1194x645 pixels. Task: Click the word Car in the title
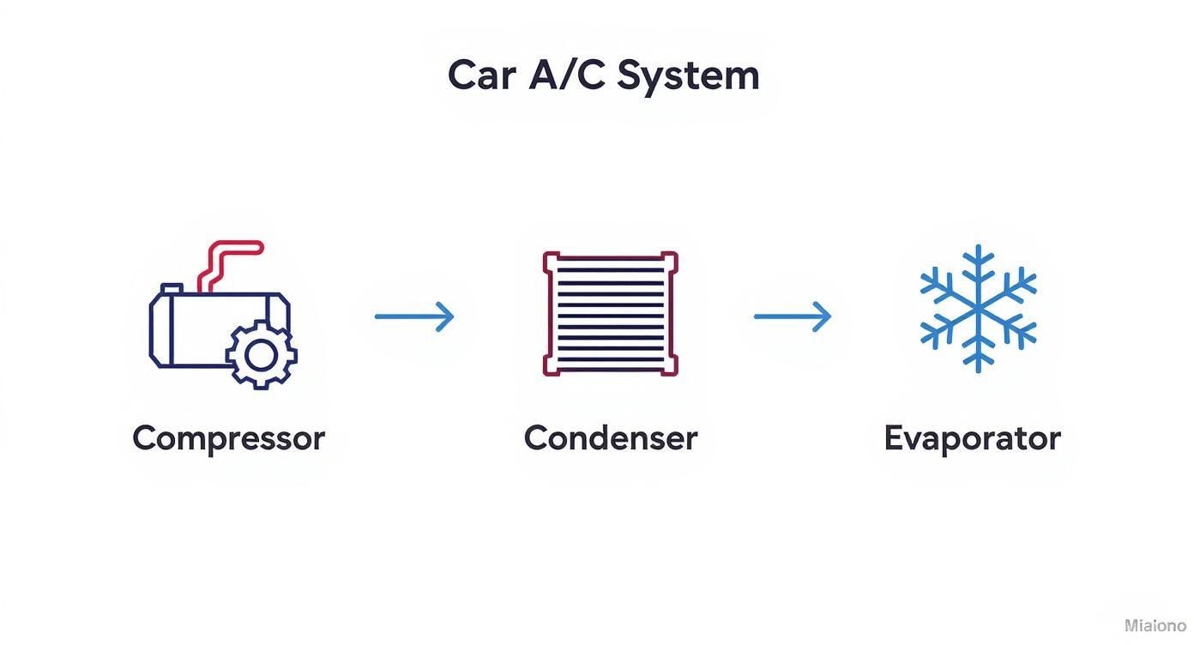(481, 75)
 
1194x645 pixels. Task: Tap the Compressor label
(228, 438)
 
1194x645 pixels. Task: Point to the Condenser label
(610, 438)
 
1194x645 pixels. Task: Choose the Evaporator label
(972, 438)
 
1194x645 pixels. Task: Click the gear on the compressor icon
(262, 355)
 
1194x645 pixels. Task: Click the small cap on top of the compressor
(172, 288)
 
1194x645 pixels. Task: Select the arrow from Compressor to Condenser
(414, 316)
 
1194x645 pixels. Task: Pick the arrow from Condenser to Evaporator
(793, 316)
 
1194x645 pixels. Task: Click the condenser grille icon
(610, 314)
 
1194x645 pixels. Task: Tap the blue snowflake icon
(978, 309)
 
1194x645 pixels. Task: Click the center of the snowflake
(978, 309)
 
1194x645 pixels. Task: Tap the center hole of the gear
(262, 355)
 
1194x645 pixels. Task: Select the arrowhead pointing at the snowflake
(823, 316)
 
